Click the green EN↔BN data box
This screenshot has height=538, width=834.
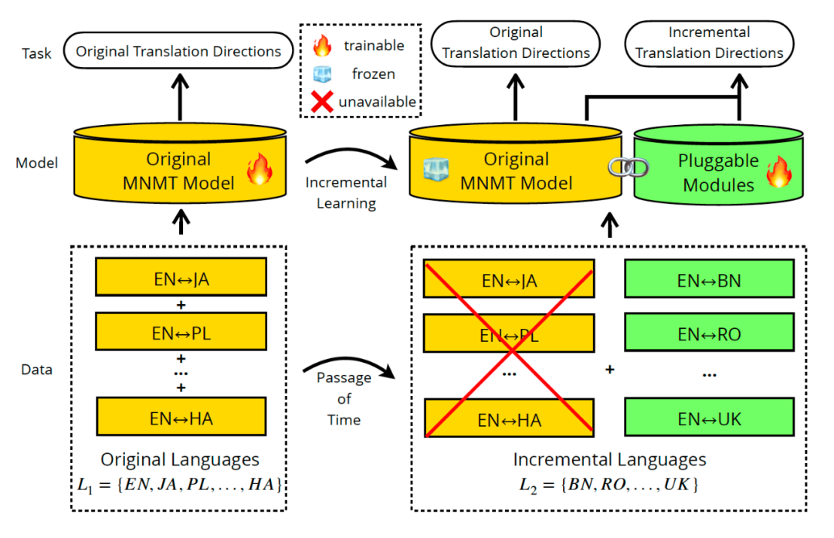708,279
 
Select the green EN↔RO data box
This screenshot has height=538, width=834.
708,333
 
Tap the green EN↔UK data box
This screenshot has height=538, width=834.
708,419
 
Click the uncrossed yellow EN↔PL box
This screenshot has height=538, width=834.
181,333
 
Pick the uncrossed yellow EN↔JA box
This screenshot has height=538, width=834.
181,279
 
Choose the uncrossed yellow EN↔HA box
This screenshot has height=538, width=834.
181,418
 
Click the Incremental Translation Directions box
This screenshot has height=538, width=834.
709,43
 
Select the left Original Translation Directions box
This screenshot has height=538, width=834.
178,52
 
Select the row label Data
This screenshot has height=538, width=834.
36,369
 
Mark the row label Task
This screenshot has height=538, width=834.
36,54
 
